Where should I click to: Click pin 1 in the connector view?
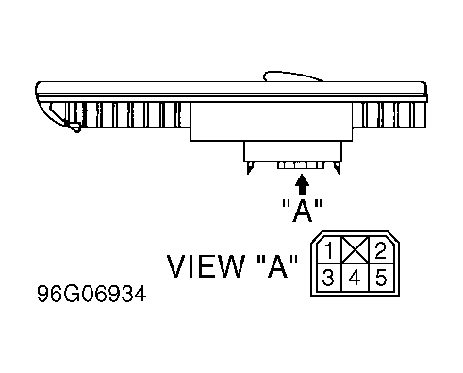329,250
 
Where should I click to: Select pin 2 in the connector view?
380,250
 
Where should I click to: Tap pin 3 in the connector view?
328,278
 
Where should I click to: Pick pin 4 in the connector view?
355,278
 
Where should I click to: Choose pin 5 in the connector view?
381,278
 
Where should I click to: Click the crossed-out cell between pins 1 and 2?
355,250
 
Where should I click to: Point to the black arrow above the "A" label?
302,184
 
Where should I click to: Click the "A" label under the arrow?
303,211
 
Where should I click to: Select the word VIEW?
206,266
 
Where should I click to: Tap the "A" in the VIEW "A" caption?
277,266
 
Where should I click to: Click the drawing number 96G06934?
91,294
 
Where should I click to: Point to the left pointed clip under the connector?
250,167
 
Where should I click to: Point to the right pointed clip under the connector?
338,167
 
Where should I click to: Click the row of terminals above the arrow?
301,165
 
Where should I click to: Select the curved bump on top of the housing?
292,76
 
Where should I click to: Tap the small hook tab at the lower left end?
75,127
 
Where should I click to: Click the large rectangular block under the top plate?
272,122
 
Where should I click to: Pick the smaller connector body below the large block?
292,152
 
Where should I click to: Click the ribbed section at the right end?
389,115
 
